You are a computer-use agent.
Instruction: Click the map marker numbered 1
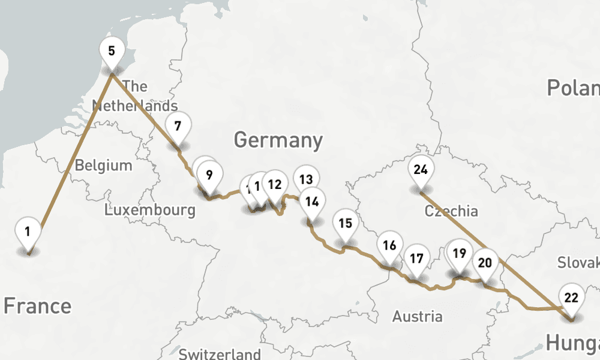click(28, 231)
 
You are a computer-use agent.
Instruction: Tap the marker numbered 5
click(112, 50)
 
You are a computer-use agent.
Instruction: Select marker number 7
click(178, 126)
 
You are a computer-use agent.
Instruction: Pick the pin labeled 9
click(209, 175)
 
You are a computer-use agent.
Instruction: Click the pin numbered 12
click(275, 184)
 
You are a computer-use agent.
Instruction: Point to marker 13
click(306, 179)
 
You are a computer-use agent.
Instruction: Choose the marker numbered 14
click(311, 201)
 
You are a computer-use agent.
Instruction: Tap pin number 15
click(345, 223)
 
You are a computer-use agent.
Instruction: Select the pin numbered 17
click(416, 259)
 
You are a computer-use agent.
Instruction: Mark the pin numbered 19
click(460, 253)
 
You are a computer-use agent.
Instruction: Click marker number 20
click(485, 262)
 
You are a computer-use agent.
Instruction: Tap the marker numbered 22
click(571, 297)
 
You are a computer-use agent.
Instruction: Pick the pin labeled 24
click(421, 169)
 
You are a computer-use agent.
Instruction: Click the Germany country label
click(278, 140)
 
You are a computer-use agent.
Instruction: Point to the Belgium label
click(103, 165)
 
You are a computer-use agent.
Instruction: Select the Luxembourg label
click(149, 210)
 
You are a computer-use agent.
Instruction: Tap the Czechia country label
click(451, 211)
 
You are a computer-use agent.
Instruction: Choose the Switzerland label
click(220, 354)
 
